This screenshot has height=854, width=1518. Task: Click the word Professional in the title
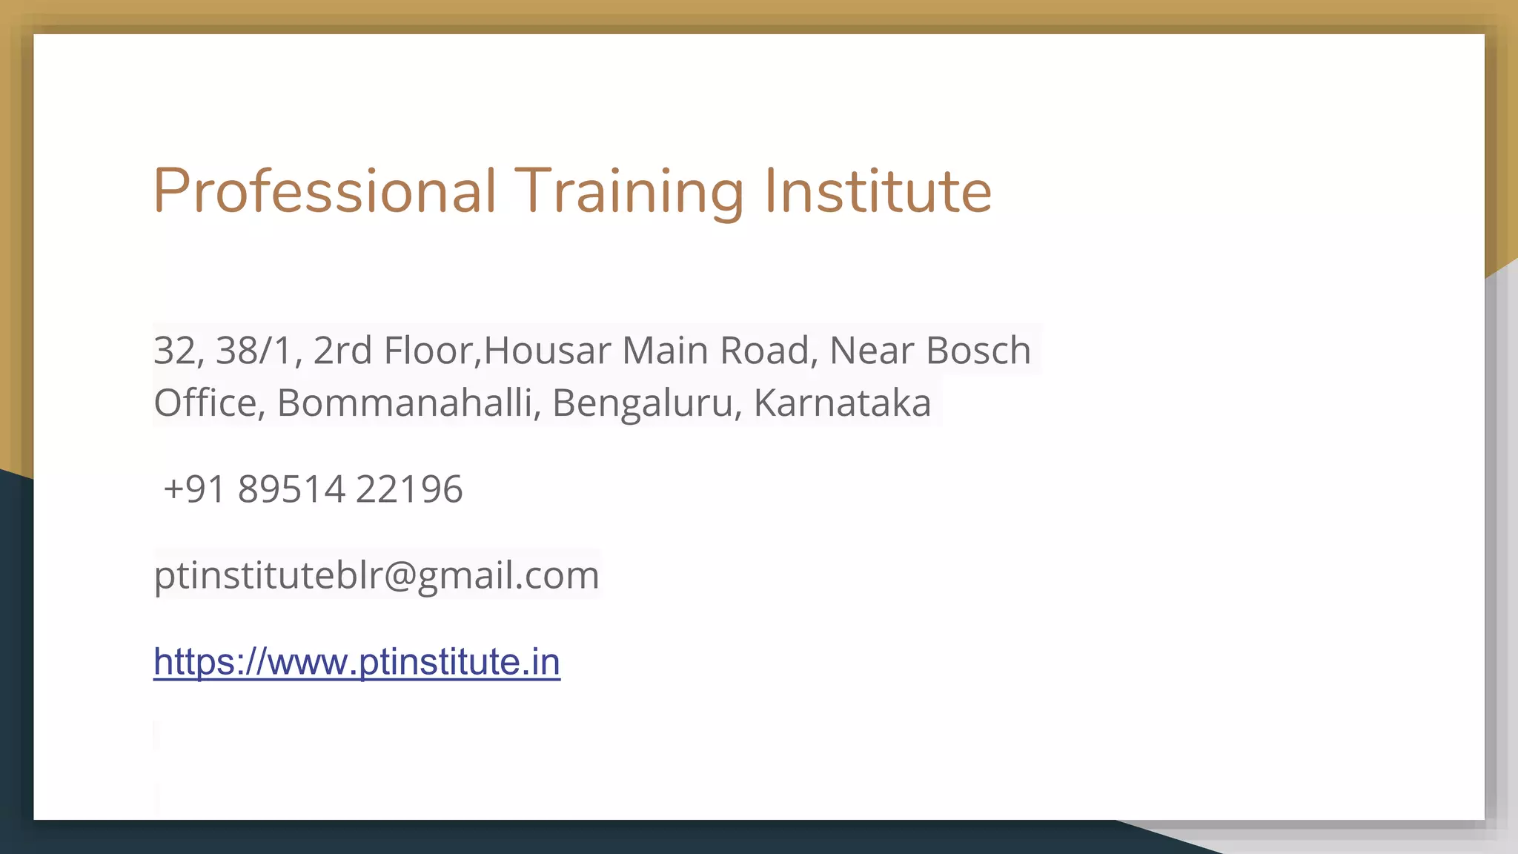click(325, 191)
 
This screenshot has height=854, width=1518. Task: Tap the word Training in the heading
click(629, 191)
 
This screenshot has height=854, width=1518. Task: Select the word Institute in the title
click(878, 191)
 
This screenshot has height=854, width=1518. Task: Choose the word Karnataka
click(842, 403)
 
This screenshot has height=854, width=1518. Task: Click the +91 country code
click(195, 489)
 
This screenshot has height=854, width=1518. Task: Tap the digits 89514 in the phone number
click(291, 489)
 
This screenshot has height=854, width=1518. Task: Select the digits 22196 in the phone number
click(409, 489)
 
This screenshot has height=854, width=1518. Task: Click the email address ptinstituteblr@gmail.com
click(377, 575)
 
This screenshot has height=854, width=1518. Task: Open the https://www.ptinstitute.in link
click(357, 662)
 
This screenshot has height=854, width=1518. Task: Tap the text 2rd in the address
click(342, 351)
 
